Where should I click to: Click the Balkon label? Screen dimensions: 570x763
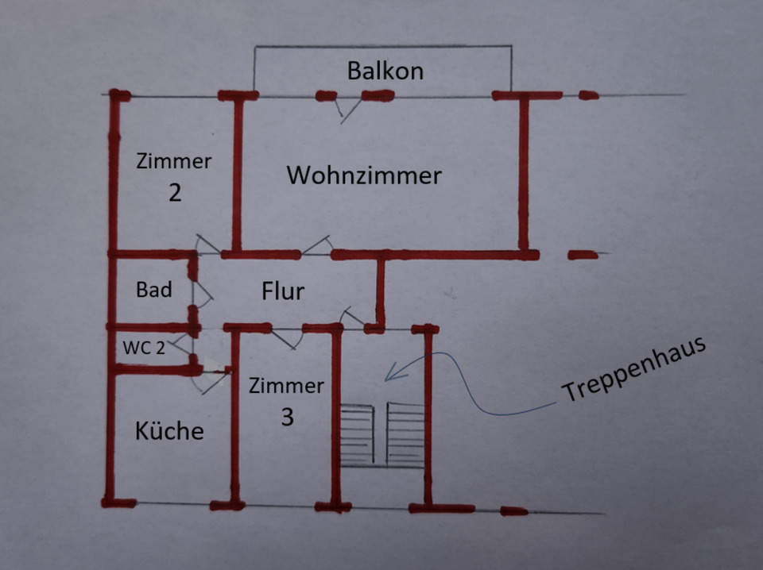[385, 71]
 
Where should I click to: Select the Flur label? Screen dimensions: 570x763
[283, 291]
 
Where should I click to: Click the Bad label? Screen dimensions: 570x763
[153, 290]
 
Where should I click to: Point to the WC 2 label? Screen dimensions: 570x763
[143, 347]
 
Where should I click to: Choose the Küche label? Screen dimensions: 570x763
[168, 431]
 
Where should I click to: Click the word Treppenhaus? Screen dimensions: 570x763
[633, 370]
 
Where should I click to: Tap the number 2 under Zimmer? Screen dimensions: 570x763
[175, 193]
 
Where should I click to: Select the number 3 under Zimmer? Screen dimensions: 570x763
[287, 418]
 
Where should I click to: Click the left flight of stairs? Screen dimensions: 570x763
[356, 435]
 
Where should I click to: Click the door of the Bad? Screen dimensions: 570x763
[203, 294]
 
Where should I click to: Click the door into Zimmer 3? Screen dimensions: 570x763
[287, 337]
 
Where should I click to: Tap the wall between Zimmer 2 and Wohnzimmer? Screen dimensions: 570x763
[236, 175]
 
